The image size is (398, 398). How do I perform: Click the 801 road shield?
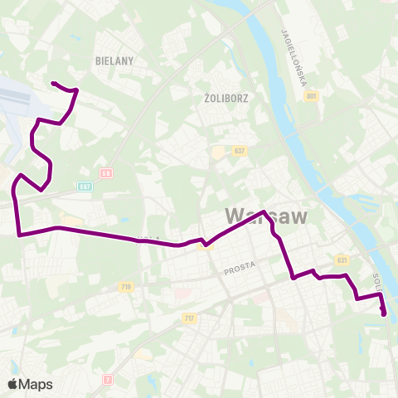coord(311,97)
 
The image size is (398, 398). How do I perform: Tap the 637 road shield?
coord(240,151)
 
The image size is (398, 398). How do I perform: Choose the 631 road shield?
coord(341,260)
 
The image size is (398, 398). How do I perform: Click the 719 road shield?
coord(126,287)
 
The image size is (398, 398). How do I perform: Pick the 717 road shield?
coord(189,318)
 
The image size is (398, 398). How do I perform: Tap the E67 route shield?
coord(85,186)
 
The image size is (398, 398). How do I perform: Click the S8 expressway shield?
coord(106,173)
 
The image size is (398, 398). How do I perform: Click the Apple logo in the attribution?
coord(12,384)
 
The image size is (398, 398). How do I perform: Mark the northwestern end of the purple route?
coord(52,83)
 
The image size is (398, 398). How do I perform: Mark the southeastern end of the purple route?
coord(384,314)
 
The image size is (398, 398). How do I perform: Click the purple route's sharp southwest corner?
coord(18,235)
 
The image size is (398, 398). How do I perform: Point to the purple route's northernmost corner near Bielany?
coord(76,90)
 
